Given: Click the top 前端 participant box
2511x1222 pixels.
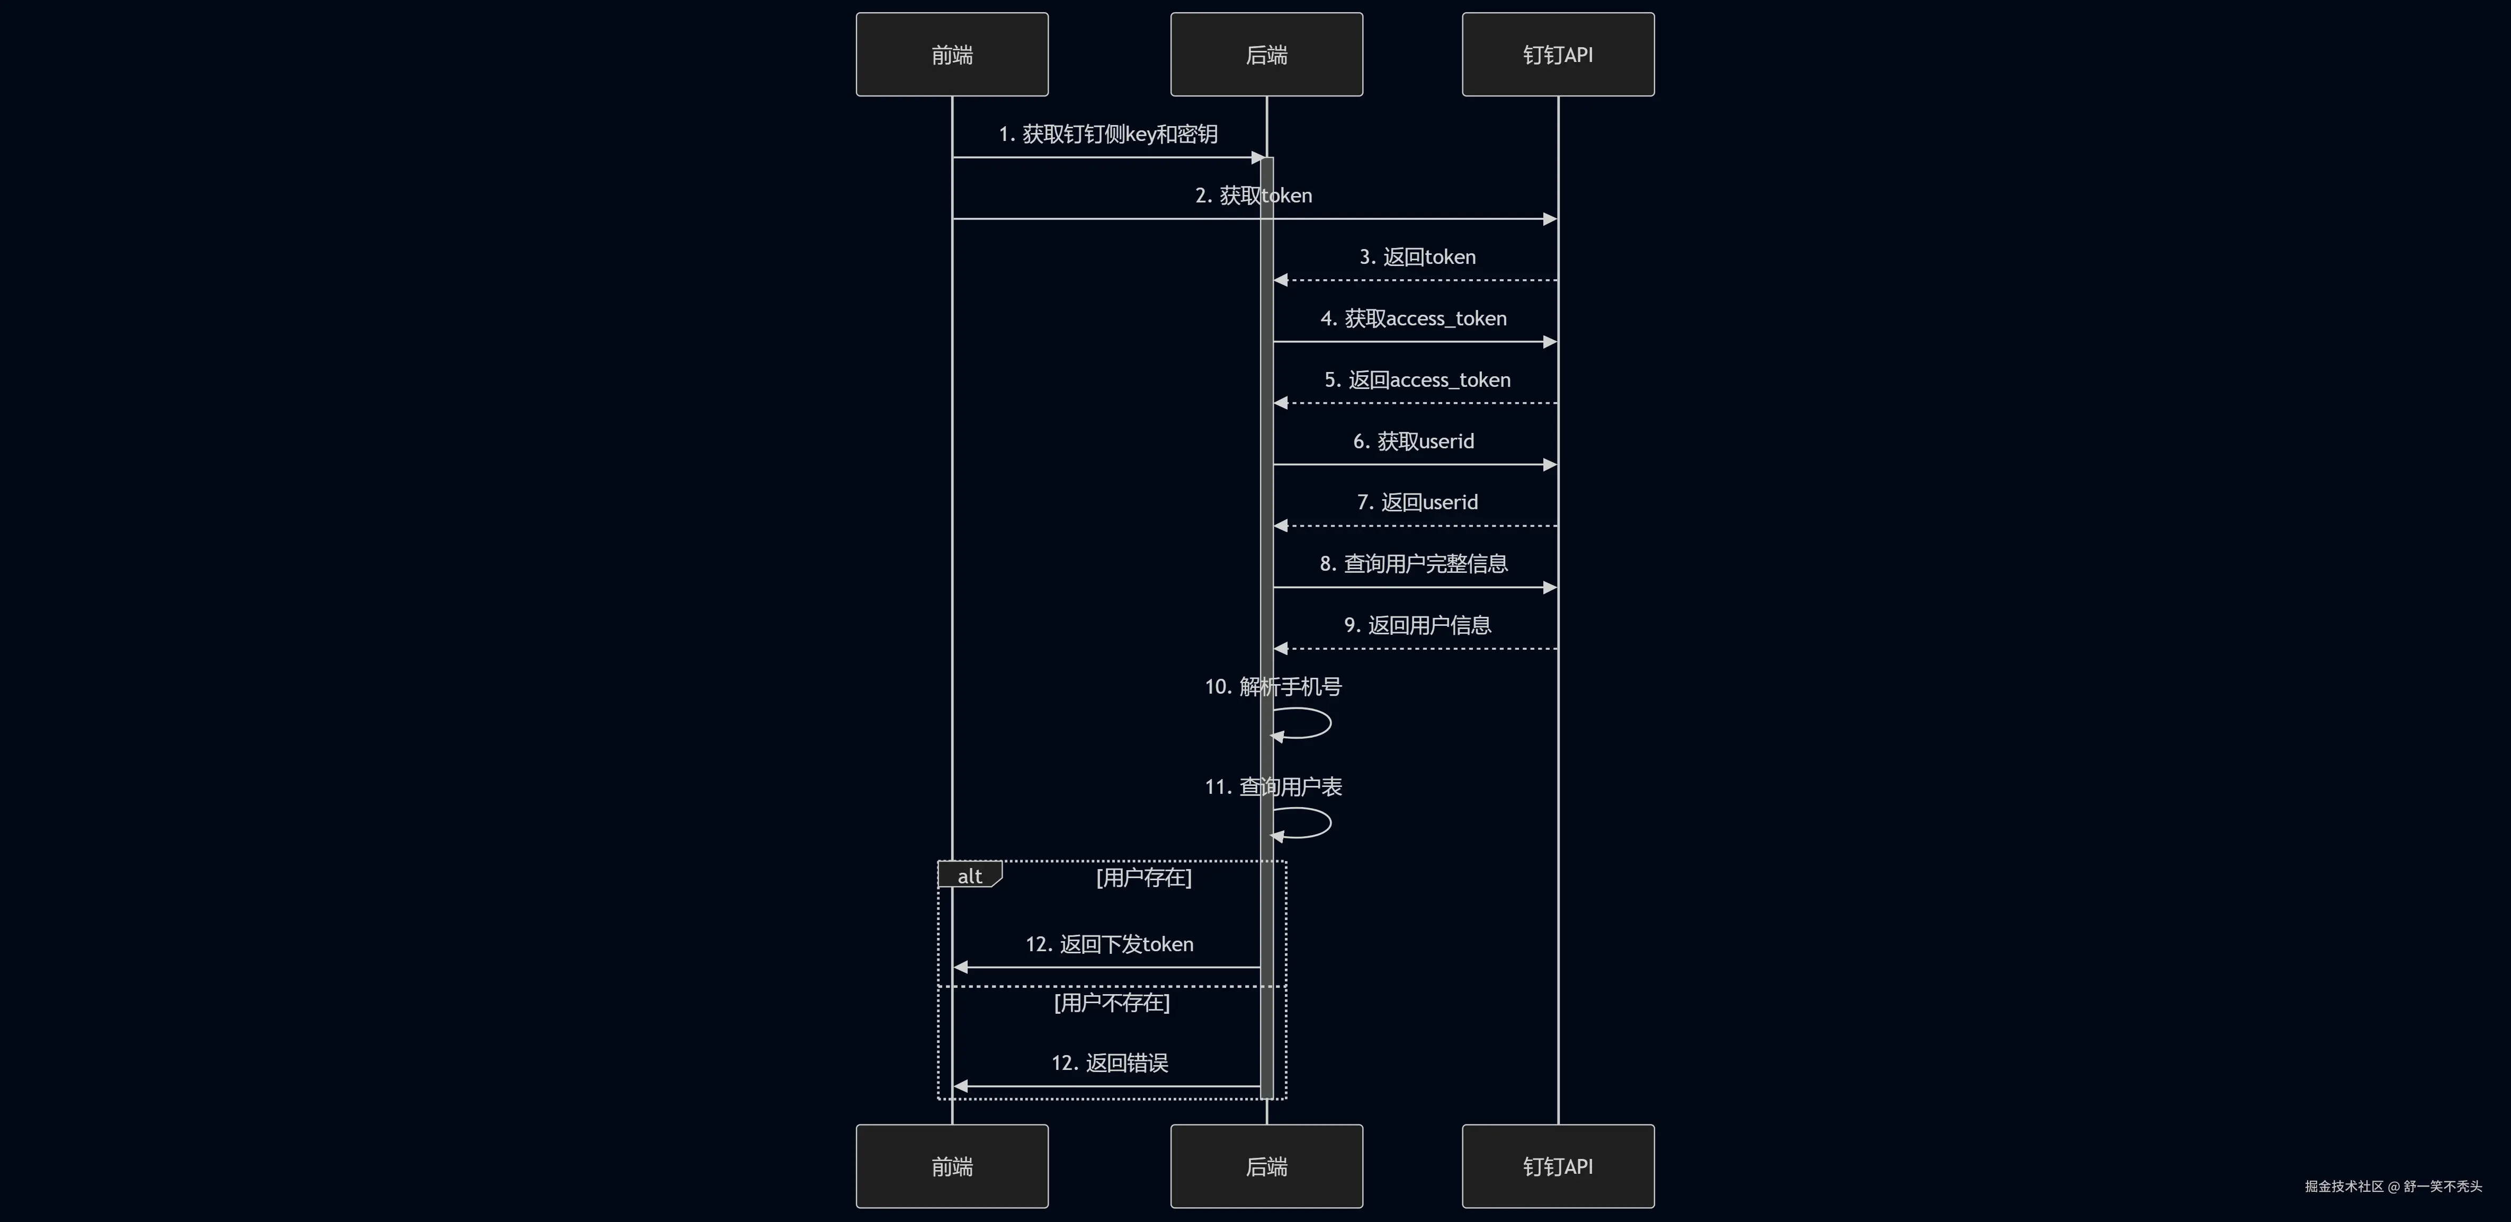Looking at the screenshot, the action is pos(951,55).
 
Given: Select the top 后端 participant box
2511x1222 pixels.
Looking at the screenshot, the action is pos(1266,55).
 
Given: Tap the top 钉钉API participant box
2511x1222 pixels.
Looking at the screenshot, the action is pos(1558,55).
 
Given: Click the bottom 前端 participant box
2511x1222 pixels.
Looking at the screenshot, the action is pos(951,1166).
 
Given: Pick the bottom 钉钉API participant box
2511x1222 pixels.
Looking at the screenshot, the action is pos(1558,1166).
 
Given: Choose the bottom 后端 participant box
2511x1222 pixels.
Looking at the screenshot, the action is pos(1266,1166).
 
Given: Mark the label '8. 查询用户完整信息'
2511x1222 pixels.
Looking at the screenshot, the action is pos(1414,564).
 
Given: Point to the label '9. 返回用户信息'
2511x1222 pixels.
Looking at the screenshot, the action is pos(1417,625).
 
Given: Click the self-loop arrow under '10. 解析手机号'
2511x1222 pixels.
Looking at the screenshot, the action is pos(1330,723).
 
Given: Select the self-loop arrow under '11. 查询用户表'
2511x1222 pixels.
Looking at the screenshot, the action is pos(1330,822).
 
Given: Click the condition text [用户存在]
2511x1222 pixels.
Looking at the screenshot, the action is pos(1143,878).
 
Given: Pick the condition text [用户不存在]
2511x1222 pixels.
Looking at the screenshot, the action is pos(1111,1003).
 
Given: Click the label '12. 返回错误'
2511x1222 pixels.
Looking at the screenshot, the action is pos(1109,1063).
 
